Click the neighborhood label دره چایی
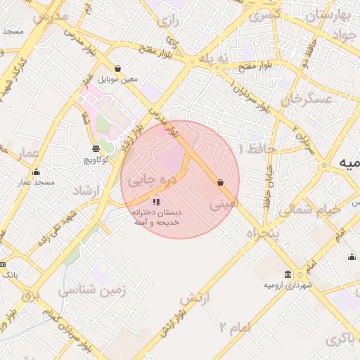coord(150,181)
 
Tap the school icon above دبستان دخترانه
coord(155,202)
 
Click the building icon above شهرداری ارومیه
coord(288,274)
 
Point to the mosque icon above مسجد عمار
coord(37,172)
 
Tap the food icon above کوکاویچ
coord(96,148)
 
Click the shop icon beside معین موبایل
coord(117,69)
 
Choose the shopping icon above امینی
coord(221,182)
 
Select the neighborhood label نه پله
coord(214,58)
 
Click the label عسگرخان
coord(307,100)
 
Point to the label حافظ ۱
coord(252,149)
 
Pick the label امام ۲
coord(234,327)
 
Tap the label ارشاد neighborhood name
coord(87,191)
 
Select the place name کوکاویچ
coord(96,160)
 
